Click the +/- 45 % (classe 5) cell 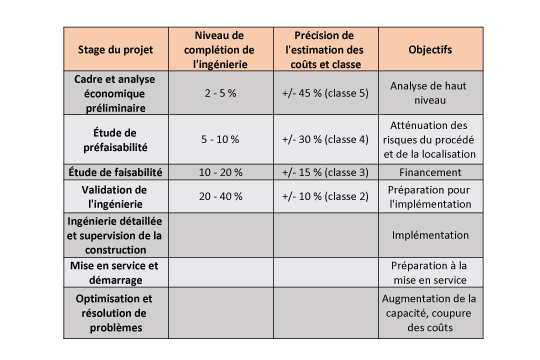326,92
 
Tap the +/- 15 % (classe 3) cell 326,171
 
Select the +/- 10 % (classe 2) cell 326,196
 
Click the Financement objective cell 430,171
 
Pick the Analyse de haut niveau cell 430,92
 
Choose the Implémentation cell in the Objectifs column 430,234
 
